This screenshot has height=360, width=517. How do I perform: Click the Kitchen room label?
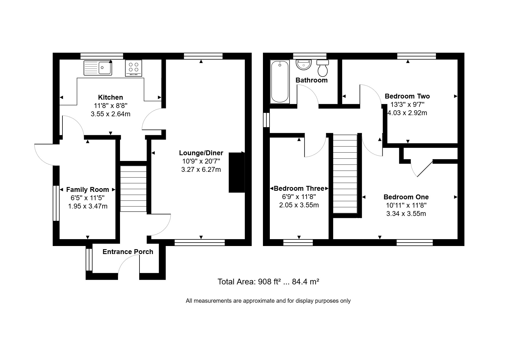pos(110,97)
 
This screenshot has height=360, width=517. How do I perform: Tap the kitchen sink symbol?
pos(98,68)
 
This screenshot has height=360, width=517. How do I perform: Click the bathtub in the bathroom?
pos(280,82)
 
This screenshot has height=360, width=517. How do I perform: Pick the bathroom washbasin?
pos(303,65)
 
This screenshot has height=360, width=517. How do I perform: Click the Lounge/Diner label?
pos(201,153)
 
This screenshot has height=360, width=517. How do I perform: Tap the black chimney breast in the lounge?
pos(237,172)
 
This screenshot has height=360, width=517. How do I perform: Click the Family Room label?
pos(87,190)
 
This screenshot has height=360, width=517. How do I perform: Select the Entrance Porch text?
pos(128,252)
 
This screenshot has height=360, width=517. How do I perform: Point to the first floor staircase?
pos(345,174)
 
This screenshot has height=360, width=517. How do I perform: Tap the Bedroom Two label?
pos(407,96)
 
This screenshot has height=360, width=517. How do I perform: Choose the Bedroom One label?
pos(406,197)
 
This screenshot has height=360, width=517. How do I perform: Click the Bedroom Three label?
pos(299,188)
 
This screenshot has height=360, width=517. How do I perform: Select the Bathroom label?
pos(311,80)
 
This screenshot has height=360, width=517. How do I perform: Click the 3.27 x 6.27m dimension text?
pos(201,170)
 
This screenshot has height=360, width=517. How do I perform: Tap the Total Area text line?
pos(268,282)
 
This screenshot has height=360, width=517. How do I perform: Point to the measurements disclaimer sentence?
pos(268,301)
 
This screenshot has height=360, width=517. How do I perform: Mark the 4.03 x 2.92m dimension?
pos(407,113)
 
